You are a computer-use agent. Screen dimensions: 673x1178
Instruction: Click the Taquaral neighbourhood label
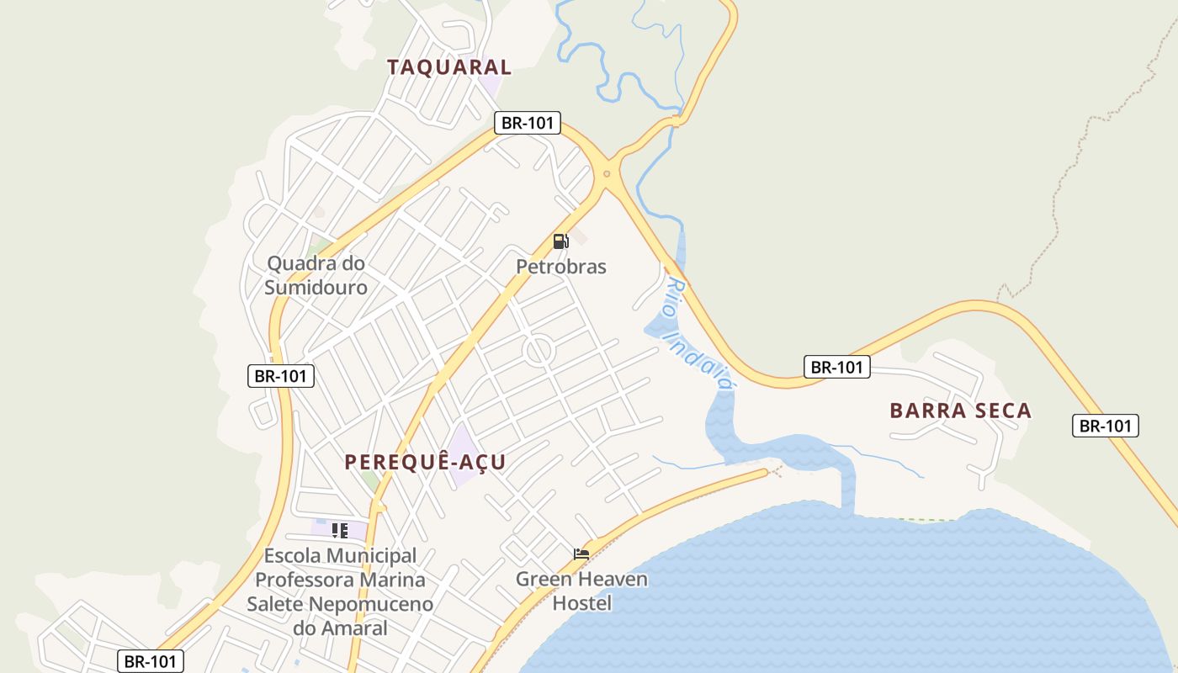coord(449,67)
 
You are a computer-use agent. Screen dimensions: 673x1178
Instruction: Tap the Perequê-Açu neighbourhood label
coord(425,462)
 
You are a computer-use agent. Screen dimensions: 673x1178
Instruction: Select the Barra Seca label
coord(960,411)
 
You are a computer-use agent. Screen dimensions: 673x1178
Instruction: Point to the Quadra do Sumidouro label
coord(316,275)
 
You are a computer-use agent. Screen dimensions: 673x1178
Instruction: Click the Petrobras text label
coord(560,267)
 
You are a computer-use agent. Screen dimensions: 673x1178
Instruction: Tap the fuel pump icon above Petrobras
coord(560,241)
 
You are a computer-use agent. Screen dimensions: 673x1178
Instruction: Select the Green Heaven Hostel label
coord(581,591)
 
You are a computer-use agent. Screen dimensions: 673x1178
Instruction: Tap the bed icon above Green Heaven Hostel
coord(581,554)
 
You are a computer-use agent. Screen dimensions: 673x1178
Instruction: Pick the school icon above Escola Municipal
coord(339,530)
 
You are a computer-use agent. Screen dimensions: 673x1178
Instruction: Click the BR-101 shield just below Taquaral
coord(528,123)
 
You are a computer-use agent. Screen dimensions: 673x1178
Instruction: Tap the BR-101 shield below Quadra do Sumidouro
coord(281,376)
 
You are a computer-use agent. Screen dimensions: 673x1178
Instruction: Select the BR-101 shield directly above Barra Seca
coord(836,367)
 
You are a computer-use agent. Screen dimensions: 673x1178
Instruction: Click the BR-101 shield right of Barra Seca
coord(1105,426)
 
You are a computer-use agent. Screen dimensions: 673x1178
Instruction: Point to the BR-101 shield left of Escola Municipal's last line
coord(151,661)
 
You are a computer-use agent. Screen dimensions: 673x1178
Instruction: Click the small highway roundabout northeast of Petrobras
coord(607,174)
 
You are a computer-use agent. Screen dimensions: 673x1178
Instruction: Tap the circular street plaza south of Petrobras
coord(539,351)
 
